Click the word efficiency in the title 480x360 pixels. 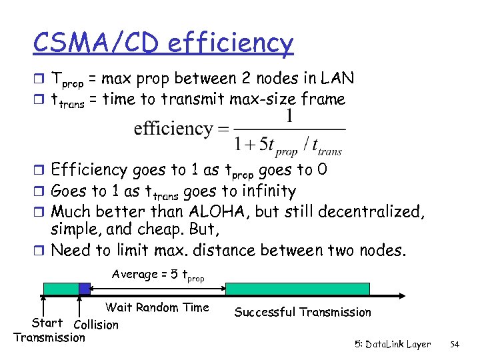[231, 44]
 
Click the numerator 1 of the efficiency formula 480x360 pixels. [288, 117]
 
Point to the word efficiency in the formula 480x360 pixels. [173, 129]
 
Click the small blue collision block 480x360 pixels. [85, 289]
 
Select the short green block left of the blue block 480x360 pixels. [61, 289]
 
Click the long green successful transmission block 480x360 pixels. [297, 289]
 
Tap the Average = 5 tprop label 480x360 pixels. [158, 275]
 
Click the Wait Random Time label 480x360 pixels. [157, 307]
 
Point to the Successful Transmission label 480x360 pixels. [303, 312]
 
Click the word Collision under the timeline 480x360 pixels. [96, 325]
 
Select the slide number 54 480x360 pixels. [455, 345]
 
